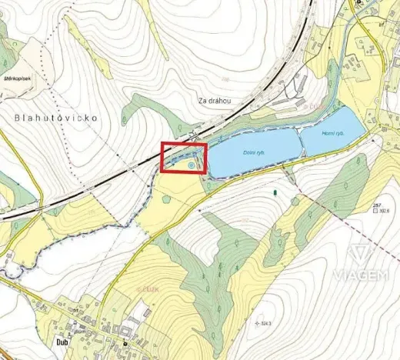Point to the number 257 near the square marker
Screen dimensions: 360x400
click(376, 205)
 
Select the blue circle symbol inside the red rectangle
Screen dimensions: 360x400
click(190, 164)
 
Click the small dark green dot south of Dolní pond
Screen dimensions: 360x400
click(275, 190)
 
